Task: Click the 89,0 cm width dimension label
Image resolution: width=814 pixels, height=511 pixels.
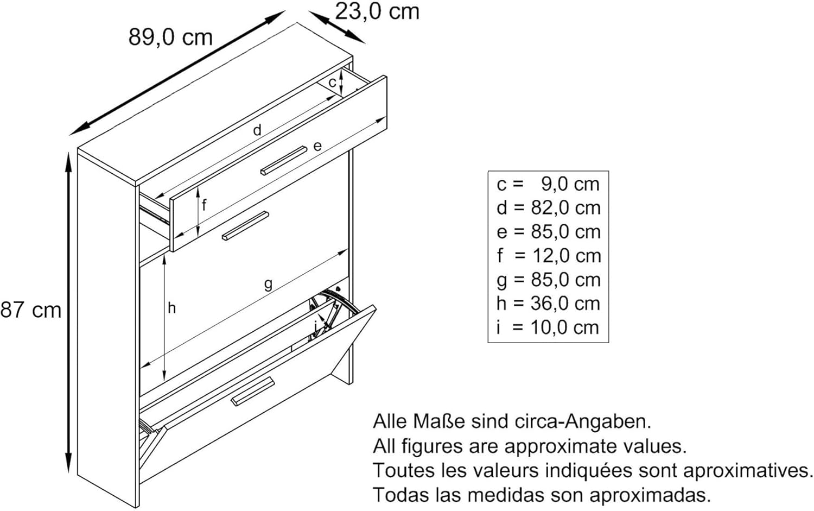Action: (x=170, y=37)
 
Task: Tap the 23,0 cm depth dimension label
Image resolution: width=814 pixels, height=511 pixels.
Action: (x=377, y=11)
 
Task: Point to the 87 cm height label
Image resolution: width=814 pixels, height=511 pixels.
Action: (x=31, y=310)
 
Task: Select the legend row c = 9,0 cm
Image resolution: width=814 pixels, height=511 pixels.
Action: (x=548, y=184)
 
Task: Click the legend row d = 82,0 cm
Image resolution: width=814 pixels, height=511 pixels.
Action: (x=549, y=208)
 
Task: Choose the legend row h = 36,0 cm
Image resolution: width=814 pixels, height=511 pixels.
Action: (x=548, y=304)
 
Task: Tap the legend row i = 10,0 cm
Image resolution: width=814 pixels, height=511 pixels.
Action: (x=548, y=327)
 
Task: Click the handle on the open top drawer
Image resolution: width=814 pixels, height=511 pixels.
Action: (x=284, y=161)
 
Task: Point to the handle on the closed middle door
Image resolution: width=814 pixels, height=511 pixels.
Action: (x=246, y=226)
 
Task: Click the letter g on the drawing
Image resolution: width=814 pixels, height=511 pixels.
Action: (x=268, y=284)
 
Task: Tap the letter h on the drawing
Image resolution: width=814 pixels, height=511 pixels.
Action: (x=172, y=308)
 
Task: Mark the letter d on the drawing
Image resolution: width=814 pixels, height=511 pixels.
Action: (x=257, y=130)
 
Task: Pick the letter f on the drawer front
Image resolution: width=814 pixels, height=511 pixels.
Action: (x=204, y=205)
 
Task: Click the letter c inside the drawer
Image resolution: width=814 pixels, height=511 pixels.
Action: (x=332, y=83)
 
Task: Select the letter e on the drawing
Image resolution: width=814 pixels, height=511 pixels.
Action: (x=317, y=146)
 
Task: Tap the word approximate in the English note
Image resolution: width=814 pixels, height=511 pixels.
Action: (x=561, y=446)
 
